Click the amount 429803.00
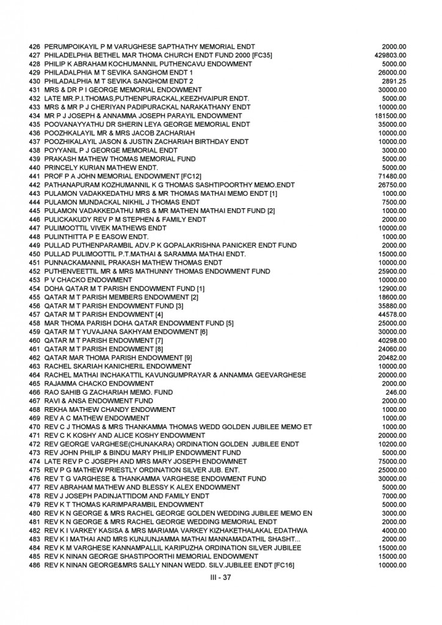[392, 55]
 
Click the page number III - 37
[220, 577]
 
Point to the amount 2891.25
[395, 81]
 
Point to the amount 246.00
[399, 392]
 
